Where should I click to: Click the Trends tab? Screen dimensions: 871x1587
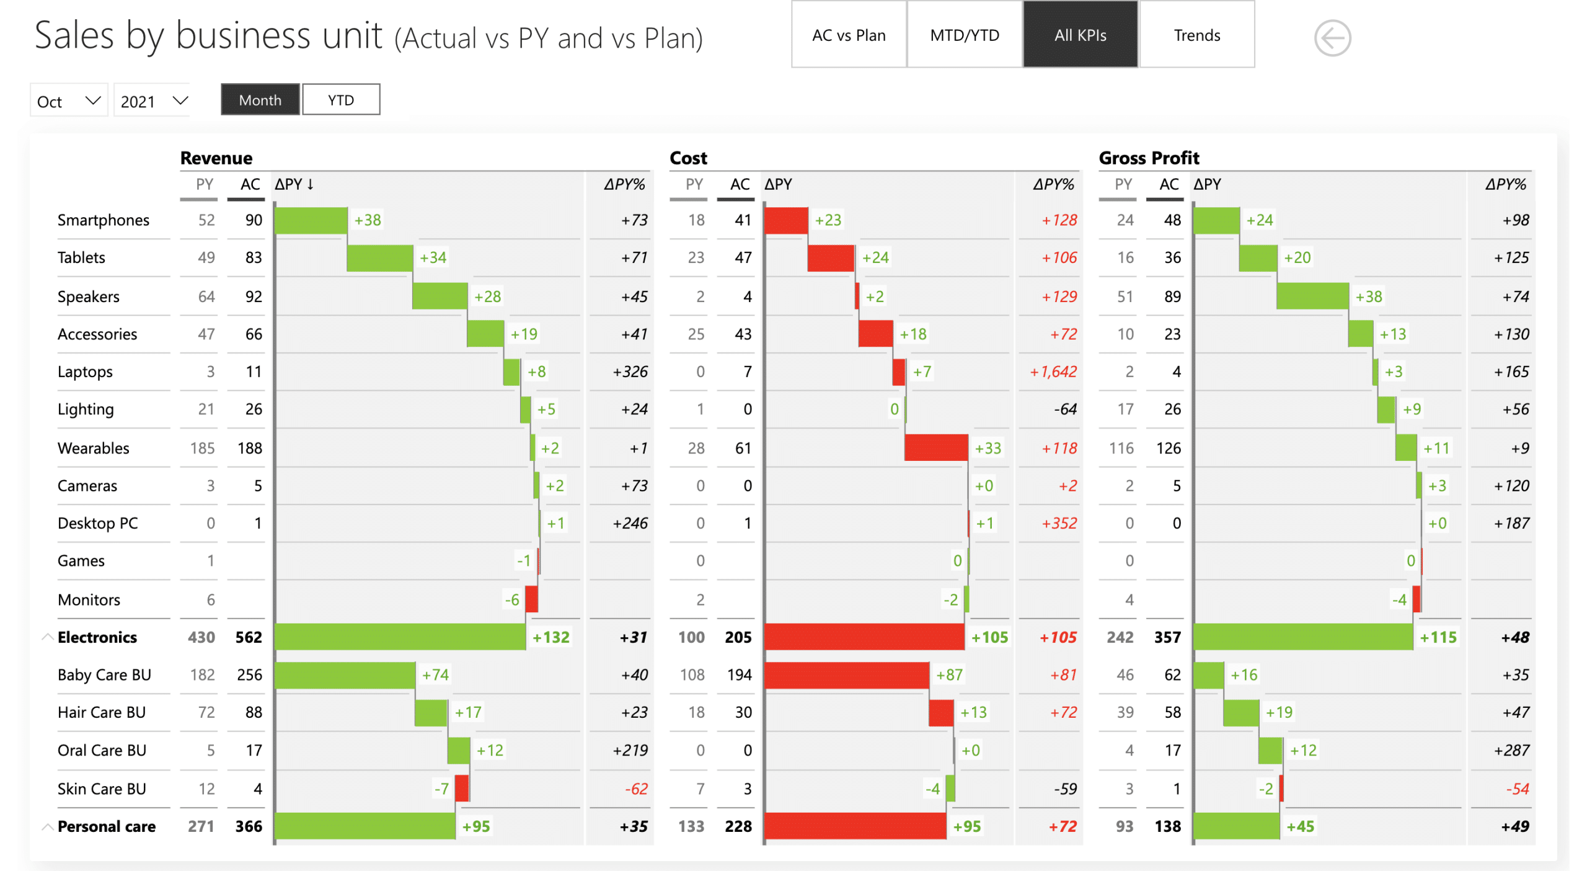click(x=1196, y=35)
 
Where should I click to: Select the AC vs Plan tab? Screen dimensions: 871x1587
click(x=848, y=35)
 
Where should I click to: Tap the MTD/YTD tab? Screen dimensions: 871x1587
click(x=964, y=35)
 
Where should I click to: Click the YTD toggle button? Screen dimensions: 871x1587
click(x=340, y=100)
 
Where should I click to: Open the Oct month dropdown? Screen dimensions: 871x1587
click(x=68, y=101)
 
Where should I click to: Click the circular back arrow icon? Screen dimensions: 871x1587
click(x=1332, y=38)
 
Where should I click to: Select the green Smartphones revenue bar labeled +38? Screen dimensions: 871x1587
click(x=311, y=220)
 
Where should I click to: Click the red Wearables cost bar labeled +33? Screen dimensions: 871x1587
click(x=935, y=448)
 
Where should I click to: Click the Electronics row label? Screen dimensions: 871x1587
click(x=97, y=638)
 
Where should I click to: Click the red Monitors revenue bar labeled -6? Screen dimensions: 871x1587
click(x=531, y=600)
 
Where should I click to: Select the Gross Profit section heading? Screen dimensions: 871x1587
click(x=1148, y=158)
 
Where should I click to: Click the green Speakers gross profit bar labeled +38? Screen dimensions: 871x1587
click(x=1312, y=297)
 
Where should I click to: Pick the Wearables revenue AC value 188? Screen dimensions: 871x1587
click(x=250, y=449)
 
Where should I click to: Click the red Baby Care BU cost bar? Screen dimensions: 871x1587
click(x=846, y=675)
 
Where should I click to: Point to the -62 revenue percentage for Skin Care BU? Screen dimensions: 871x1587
click(x=636, y=789)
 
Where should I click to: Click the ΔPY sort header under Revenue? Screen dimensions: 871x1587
click(x=294, y=185)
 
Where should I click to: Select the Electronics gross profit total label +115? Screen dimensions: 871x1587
click(x=1438, y=638)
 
